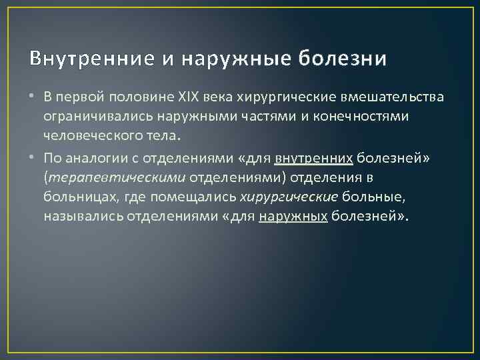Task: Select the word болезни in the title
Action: (342, 59)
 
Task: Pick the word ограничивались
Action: (86, 117)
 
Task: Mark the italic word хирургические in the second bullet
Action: (289, 197)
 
